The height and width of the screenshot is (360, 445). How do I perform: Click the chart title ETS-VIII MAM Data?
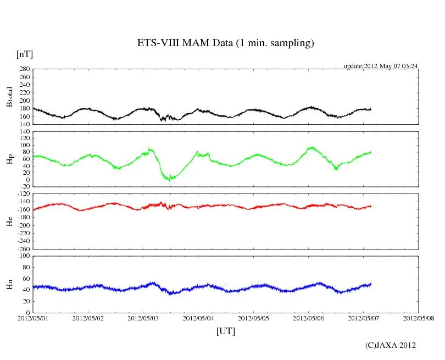click(225, 43)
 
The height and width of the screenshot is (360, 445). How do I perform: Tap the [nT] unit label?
click(25, 54)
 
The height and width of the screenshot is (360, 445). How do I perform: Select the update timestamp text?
click(381, 65)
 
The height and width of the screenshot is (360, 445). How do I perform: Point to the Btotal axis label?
click(9, 97)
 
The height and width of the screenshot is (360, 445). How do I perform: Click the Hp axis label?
click(9, 159)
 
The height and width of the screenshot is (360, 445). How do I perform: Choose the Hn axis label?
click(9, 284)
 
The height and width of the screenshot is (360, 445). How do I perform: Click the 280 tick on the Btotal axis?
click(24, 69)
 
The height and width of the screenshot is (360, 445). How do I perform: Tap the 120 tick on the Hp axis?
click(24, 132)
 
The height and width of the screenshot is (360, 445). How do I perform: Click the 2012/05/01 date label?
click(33, 318)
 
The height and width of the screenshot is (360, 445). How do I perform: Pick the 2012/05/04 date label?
click(198, 318)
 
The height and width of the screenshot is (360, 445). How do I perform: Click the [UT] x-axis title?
click(225, 331)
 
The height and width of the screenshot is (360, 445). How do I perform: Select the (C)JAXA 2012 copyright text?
click(390, 345)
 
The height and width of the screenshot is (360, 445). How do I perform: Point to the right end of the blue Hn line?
click(371, 284)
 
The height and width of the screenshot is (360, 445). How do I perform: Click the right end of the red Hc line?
click(371, 206)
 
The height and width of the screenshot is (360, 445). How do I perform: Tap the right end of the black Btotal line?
click(371, 109)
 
